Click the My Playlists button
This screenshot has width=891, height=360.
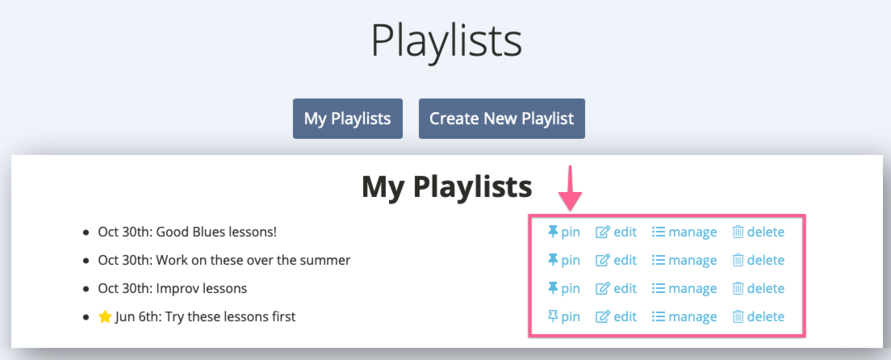(348, 119)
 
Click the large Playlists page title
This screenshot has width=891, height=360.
(446, 41)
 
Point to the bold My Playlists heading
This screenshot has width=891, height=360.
(446, 186)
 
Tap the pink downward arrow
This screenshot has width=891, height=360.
(570, 188)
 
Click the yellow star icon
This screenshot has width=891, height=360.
(105, 316)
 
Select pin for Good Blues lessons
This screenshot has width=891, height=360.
(563, 232)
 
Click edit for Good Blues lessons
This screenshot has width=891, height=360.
(616, 232)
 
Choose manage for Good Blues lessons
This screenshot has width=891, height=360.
(684, 232)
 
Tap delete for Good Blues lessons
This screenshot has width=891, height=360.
(758, 232)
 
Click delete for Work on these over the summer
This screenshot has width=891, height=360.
(758, 261)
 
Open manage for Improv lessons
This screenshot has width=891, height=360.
(684, 288)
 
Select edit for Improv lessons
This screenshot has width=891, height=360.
(616, 288)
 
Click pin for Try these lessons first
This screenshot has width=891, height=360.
(563, 316)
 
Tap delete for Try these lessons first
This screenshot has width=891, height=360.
(758, 316)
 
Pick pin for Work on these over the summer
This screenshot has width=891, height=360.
(563, 261)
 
